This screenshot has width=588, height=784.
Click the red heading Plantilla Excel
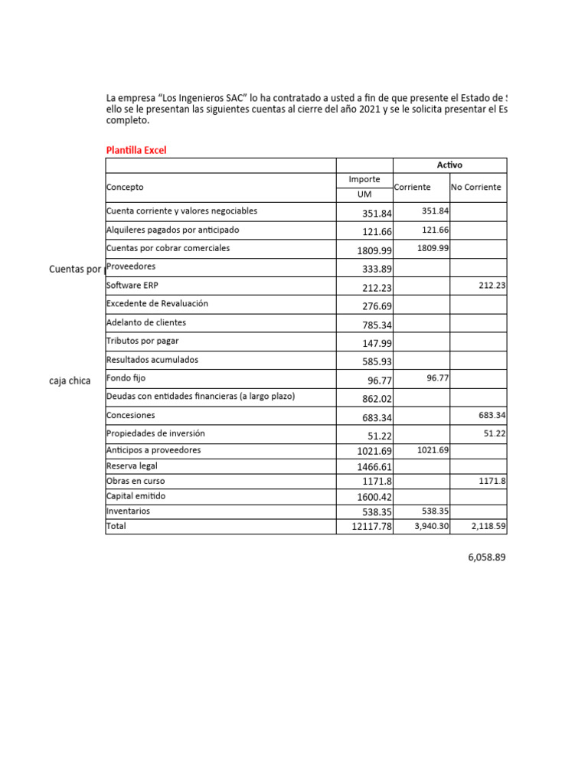136,150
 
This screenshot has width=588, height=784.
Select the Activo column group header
449,165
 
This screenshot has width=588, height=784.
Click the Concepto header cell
125,187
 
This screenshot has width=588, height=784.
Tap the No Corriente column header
476,187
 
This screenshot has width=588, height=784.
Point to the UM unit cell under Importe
364,194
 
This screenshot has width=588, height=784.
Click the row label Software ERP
135,285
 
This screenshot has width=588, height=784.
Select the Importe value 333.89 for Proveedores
377,268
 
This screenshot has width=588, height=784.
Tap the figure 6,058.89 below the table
487,558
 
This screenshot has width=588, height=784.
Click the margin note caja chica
70,381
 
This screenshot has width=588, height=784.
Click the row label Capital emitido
136,496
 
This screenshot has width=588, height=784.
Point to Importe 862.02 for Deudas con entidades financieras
377,399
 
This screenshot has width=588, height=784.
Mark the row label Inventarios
128,511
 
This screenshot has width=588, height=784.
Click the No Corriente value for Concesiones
492,416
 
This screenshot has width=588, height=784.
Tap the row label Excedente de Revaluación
157,304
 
